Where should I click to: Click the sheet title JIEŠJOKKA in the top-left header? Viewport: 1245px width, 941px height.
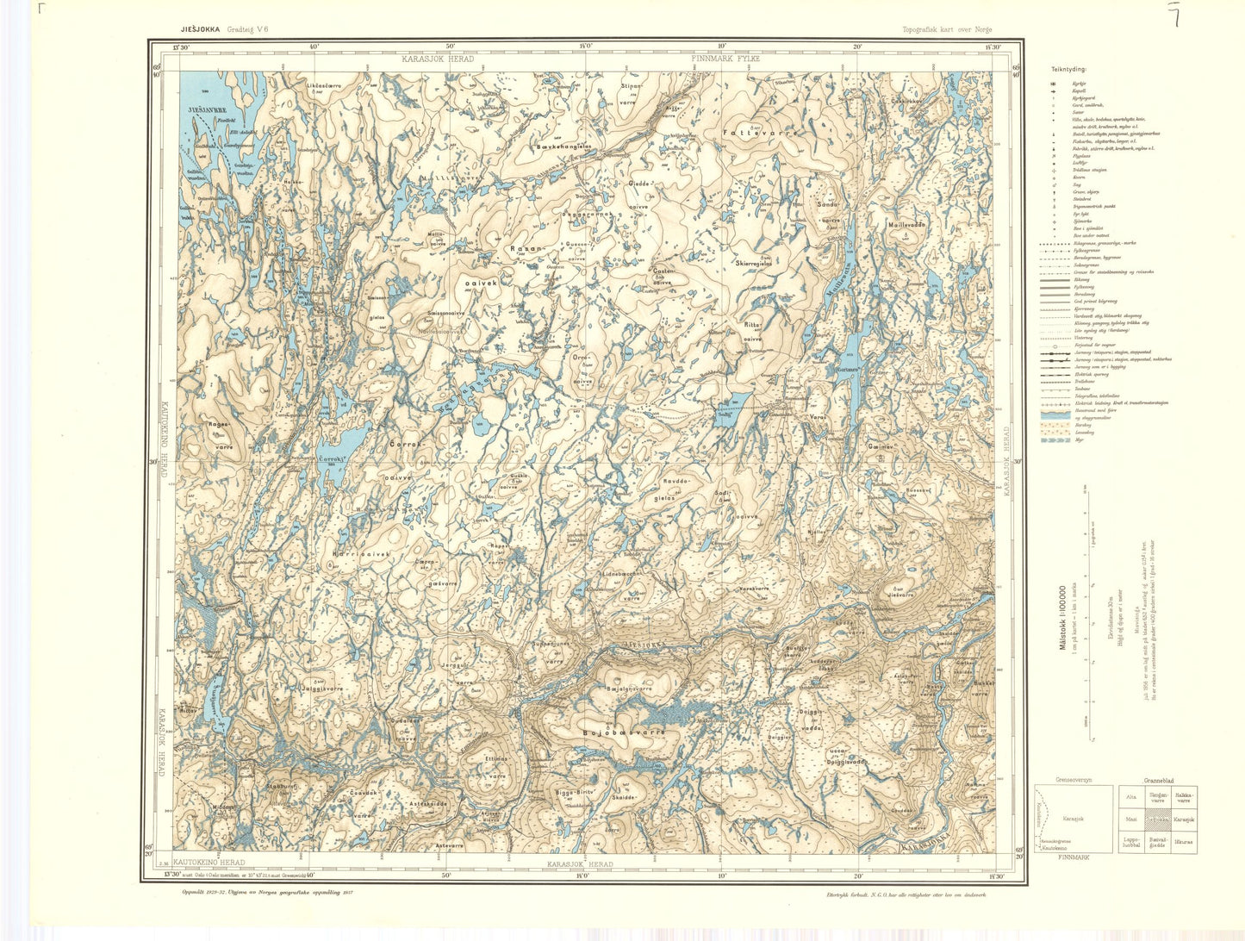pyautogui.click(x=196, y=28)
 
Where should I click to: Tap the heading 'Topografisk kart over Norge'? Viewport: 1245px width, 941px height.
pyautogui.click(x=947, y=29)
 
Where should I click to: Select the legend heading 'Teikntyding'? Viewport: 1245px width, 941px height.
pyautogui.click(x=1068, y=68)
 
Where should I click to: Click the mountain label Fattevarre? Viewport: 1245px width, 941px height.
pyautogui.click(x=761, y=134)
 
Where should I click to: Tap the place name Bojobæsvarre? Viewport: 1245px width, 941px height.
pyautogui.click(x=624, y=732)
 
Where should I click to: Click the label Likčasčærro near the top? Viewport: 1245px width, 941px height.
pyautogui.click(x=324, y=86)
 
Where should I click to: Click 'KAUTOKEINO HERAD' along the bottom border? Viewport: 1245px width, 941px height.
pyautogui.click(x=209, y=863)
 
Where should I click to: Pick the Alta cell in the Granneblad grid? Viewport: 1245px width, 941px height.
pyautogui.click(x=1130, y=797)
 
